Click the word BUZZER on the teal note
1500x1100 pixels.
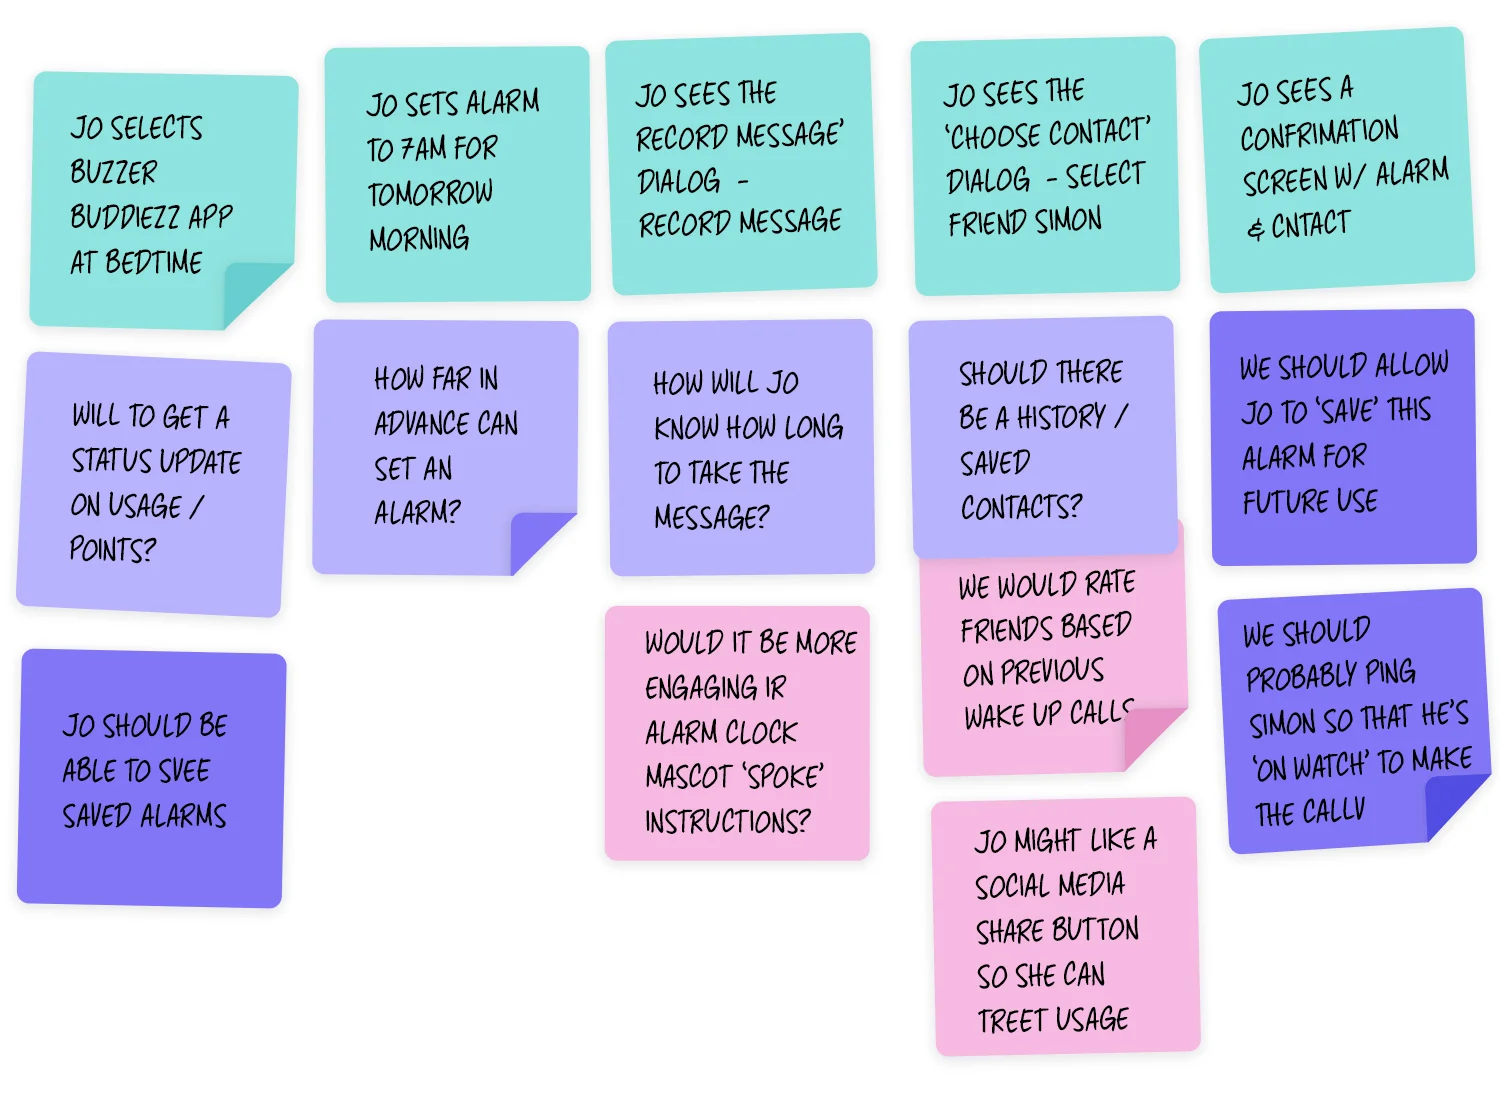113,172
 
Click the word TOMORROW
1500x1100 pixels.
430,193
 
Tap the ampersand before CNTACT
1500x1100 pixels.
1255,229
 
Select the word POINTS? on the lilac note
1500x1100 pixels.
113,549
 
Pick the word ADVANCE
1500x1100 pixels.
420,424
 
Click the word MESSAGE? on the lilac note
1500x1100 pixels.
712,517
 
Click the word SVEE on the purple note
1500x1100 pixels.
183,770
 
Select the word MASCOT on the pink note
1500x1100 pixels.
689,777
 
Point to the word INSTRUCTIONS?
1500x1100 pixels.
727,822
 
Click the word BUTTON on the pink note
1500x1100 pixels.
1097,930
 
